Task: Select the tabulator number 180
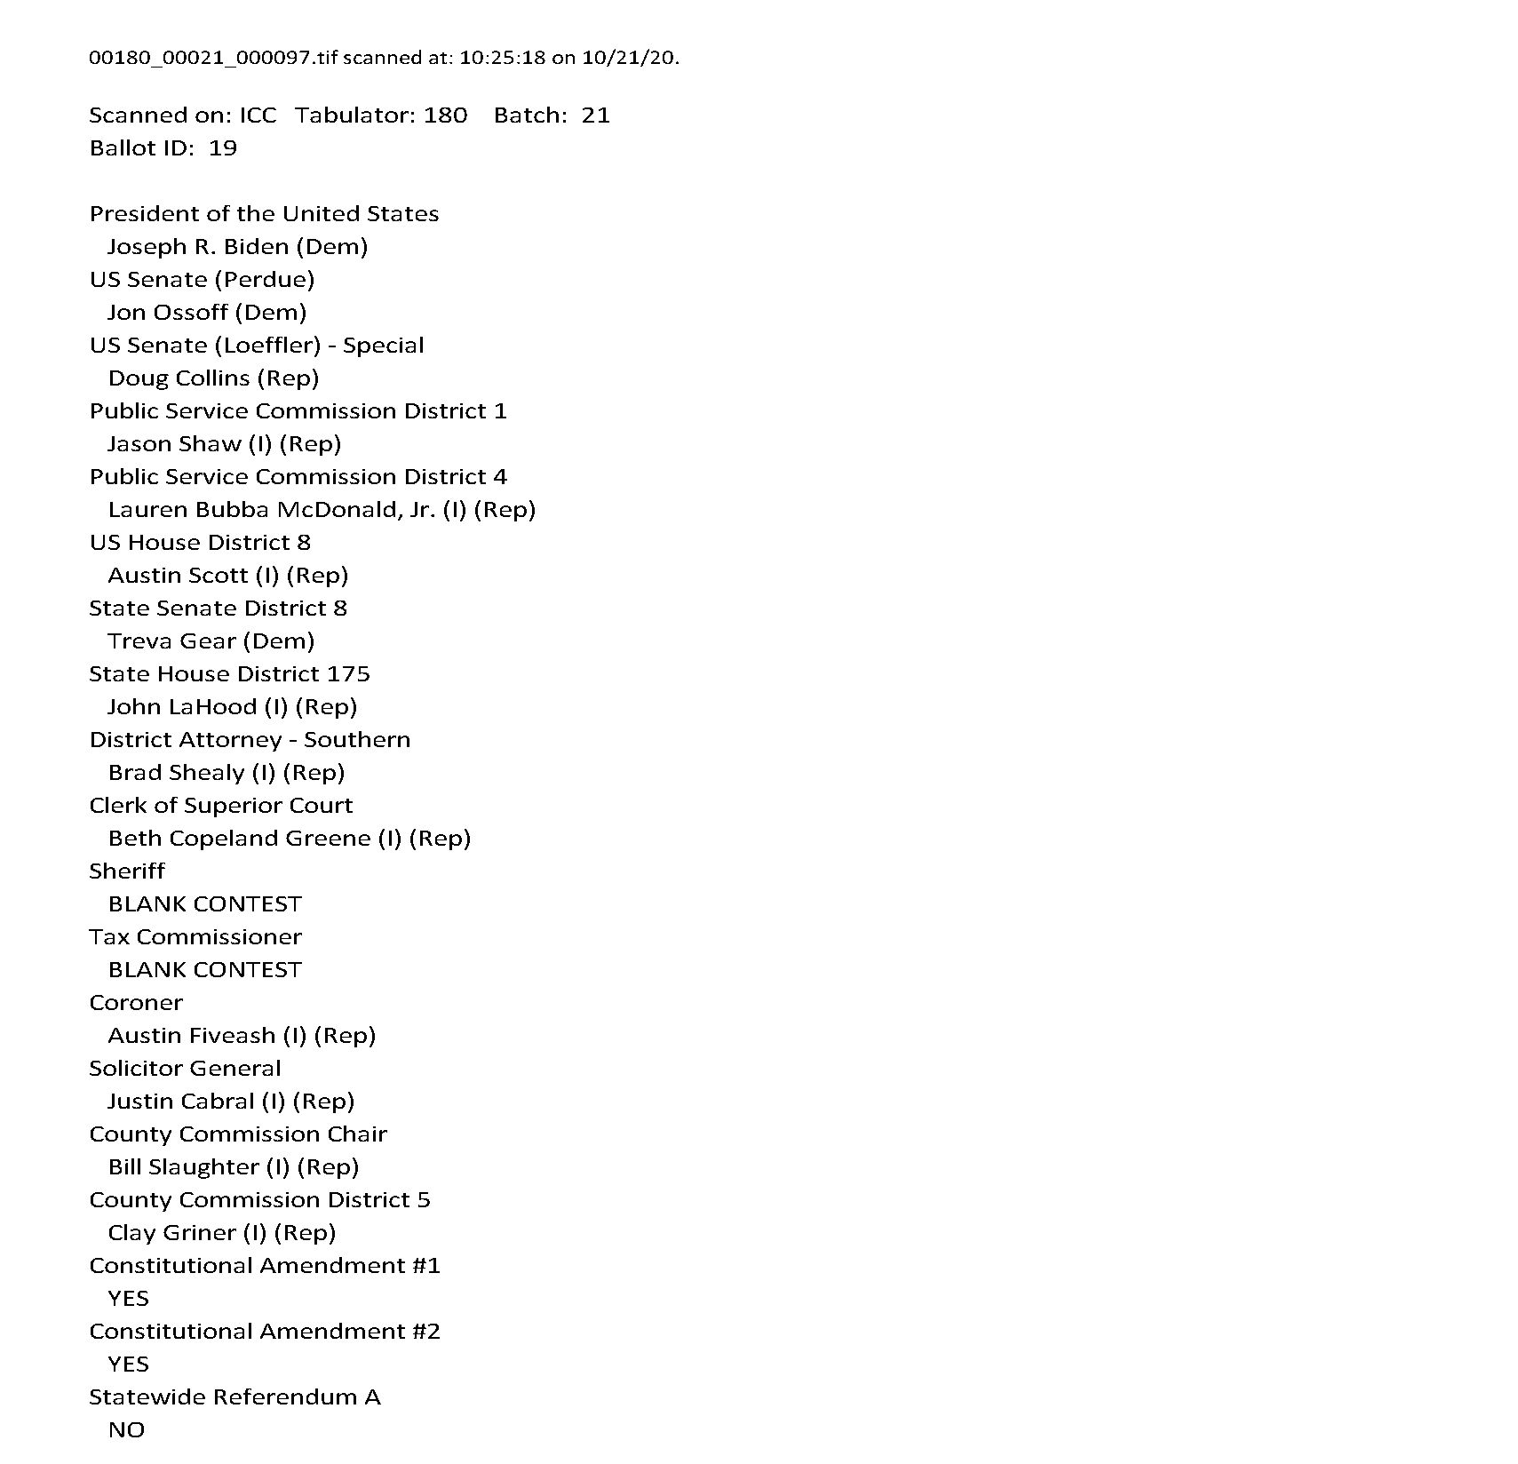coord(445,115)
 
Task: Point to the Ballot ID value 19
coord(223,148)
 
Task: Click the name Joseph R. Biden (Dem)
coord(237,247)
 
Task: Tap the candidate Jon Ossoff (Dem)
coord(207,313)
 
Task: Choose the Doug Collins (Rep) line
coord(213,378)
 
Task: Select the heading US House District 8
coord(200,543)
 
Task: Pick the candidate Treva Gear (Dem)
coord(211,641)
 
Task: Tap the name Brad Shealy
coord(176,773)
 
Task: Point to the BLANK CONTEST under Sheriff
coord(204,904)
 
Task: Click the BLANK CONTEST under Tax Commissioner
coord(204,970)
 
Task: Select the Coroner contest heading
coord(136,1003)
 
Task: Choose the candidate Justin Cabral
coord(181,1102)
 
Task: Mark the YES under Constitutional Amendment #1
coord(128,1299)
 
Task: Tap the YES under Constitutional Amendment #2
coord(128,1365)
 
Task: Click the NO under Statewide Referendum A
coord(126,1430)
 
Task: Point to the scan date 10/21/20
coord(630,58)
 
